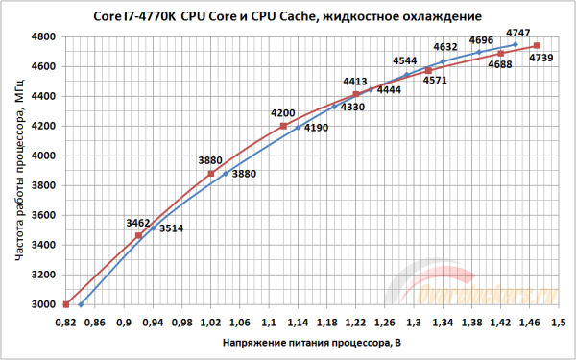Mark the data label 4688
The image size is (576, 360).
(x=500, y=64)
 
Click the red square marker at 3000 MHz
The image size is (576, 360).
(x=66, y=304)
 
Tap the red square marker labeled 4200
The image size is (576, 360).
(x=283, y=126)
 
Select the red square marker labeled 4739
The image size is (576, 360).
(x=537, y=46)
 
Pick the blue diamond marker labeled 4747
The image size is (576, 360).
(x=516, y=44)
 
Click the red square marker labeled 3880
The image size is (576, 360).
(x=211, y=174)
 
